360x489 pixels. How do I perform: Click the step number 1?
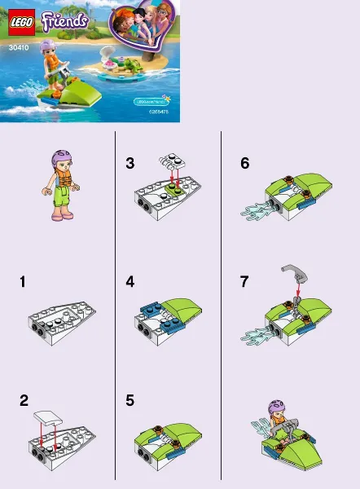click(x=23, y=282)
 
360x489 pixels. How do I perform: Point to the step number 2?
click(x=24, y=400)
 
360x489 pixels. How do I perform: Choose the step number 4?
click(x=130, y=282)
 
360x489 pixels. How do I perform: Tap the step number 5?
click(x=130, y=400)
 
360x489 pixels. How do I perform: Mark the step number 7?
click(x=244, y=282)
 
